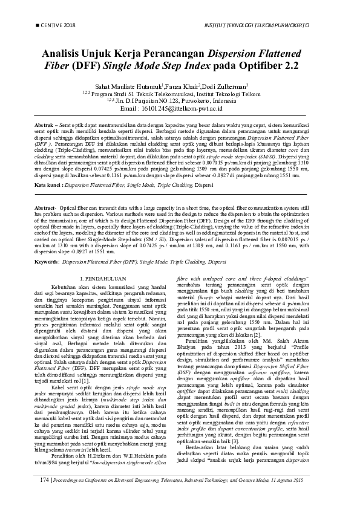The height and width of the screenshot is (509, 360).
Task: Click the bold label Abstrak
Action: pos(44,123)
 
